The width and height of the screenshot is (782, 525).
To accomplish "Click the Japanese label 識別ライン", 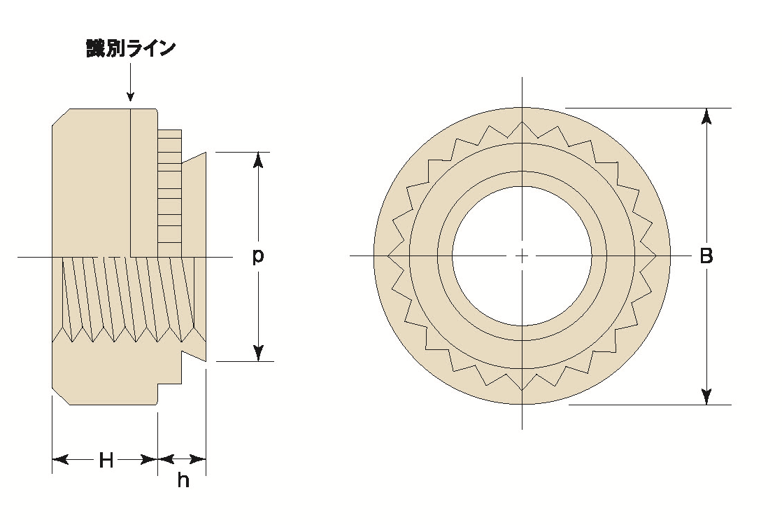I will coord(130,49).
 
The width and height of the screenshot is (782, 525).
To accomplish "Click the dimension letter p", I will coord(258,256).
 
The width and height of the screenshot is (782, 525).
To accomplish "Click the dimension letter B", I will coord(706,256).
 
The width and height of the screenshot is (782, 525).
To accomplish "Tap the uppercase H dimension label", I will coord(106,460).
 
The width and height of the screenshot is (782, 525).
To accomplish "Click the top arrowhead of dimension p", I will coord(259,160).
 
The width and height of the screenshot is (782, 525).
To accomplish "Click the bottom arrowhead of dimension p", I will coord(259,353).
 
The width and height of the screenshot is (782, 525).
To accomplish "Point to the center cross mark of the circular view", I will coord(522,256).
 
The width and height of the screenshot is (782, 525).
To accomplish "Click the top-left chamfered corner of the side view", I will coord(61,117).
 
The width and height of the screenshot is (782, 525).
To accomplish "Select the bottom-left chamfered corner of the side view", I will coord(61,396).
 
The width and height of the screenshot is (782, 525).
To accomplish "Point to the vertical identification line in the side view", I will coord(131,182).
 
